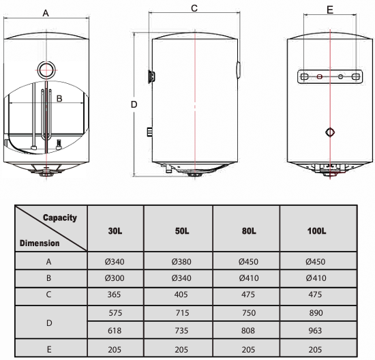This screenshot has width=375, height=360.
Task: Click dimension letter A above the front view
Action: (46, 13)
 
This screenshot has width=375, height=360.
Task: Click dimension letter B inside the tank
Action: (59, 98)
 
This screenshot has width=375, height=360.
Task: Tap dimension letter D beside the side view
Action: (134, 104)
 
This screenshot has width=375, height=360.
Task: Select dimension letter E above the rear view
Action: (330, 10)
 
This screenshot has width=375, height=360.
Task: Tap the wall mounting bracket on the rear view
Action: (330, 77)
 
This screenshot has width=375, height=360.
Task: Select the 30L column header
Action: (115, 230)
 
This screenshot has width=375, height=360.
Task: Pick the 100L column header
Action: (316, 230)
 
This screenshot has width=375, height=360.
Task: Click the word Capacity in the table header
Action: (60, 218)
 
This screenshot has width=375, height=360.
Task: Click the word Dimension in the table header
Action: (40, 243)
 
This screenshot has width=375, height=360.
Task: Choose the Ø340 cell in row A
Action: (115, 261)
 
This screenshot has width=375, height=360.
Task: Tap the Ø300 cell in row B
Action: (115, 278)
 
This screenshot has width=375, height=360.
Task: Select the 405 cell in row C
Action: (182, 296)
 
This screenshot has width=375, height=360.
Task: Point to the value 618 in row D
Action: (115, 331)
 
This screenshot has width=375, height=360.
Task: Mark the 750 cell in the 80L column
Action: (249, 314)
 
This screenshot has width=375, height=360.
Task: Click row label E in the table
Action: (49, 349)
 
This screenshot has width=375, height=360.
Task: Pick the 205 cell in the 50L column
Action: (182, 349)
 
